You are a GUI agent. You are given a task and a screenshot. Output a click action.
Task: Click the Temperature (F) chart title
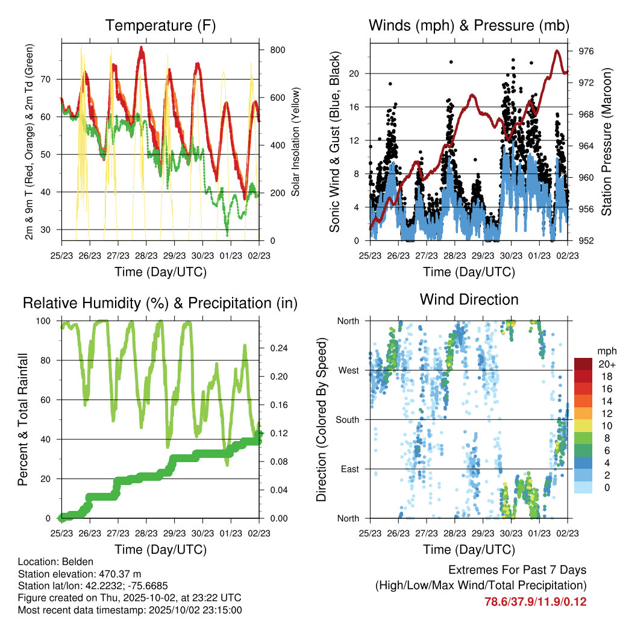(160, 25)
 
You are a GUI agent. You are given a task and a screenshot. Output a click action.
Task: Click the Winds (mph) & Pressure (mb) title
(469, 25)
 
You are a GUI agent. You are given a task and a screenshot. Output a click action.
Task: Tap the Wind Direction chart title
(469, 299)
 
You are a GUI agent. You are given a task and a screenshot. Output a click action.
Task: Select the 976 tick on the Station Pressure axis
(586, 52)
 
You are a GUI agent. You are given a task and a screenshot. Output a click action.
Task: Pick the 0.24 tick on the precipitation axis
(277, 348)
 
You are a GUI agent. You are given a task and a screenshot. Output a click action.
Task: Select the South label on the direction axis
(348, 420)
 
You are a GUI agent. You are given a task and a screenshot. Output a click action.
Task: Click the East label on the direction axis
(349, 469)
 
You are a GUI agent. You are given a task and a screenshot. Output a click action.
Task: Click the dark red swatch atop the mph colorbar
(583, 364)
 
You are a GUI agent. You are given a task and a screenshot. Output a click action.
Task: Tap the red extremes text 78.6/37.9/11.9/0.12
(536, 601)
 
